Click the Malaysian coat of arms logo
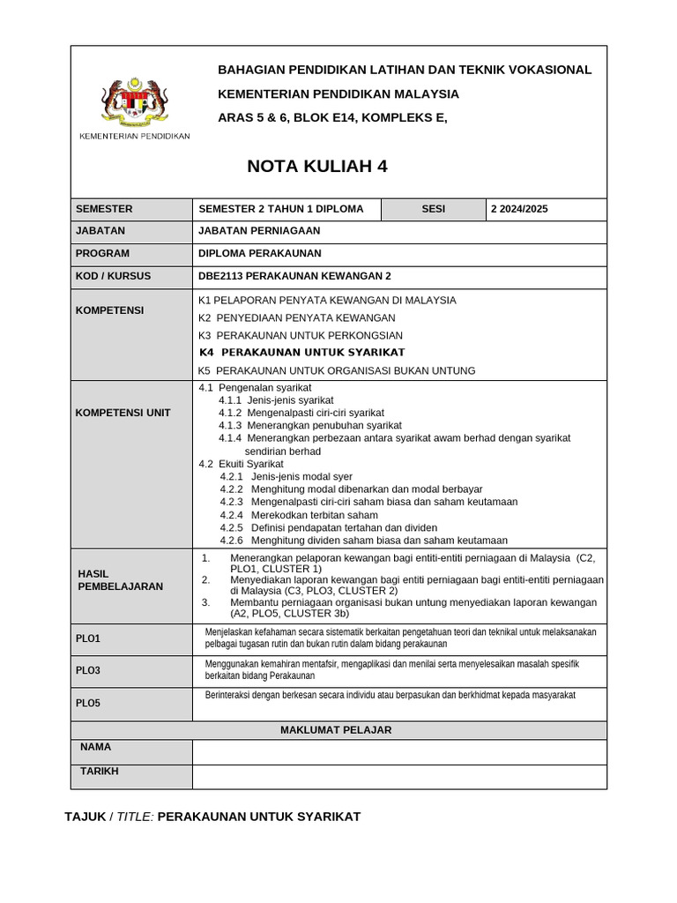point(134,104)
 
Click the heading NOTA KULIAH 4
point(316,167)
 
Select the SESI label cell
point(434,209)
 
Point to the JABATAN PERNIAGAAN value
point(259,231)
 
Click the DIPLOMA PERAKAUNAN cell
point(260,253)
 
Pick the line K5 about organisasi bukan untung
point(337,370)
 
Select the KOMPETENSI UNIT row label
point(123,413)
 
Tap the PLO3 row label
point(88,670)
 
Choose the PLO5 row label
point(88,703)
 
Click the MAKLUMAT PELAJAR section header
point(336,730)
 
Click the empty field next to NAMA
point(398,751)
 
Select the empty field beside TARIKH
point(398,776)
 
